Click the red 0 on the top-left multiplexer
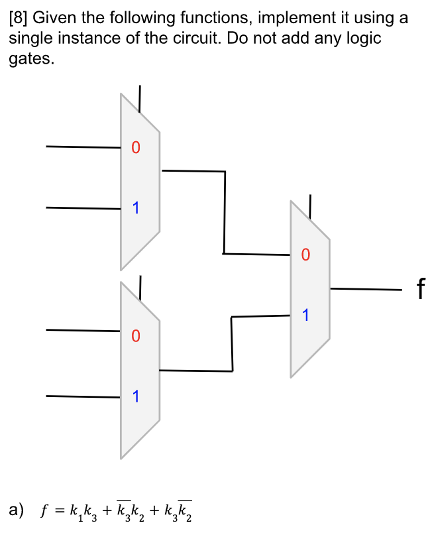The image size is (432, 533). (x=136, y=148)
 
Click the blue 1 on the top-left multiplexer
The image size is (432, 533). (x=136, y=208)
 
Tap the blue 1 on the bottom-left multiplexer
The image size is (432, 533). (x=136, y=397)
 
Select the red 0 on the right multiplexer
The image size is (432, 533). (x=305, y=255)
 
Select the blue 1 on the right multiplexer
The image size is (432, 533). (x=305, y=316)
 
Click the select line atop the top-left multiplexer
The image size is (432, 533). (x=139, y=98)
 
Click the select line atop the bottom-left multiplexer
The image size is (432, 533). (x=139, y=286)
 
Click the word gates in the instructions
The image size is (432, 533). (x=29, y=60)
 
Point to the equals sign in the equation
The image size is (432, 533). (x=60, y=510)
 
